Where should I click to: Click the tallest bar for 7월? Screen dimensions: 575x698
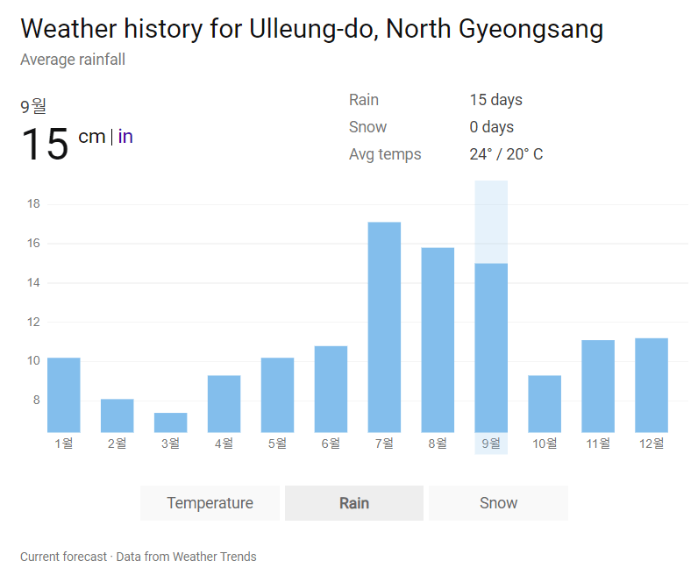point(384,327)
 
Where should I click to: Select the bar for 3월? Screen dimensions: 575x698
point(171,422)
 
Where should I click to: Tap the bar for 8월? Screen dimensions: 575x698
point(438,340)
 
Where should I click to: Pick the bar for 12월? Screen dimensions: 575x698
point(652,385)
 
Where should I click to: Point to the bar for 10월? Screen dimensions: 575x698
point(545,403)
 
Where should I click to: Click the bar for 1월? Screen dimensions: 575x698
point(64,394)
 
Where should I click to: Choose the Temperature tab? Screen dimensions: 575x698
point(210,503)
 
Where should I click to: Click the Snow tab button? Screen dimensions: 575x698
point(498,503)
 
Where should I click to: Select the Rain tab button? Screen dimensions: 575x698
point(354,503)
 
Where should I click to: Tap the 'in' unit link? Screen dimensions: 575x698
point(125,137)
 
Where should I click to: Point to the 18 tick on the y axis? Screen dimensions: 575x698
point(34,204)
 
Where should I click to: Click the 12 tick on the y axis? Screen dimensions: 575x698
point(34,322)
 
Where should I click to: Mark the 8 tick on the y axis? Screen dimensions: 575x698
point(36,400)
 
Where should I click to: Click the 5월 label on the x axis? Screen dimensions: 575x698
point(277,444)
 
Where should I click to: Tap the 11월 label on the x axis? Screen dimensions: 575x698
point(598,444)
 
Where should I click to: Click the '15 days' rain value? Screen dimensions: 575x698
point(495,100)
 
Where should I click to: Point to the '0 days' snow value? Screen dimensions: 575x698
point(491,127)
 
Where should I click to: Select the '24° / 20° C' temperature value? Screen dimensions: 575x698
point(506,154)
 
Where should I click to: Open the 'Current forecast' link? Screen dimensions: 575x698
point(63,557)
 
